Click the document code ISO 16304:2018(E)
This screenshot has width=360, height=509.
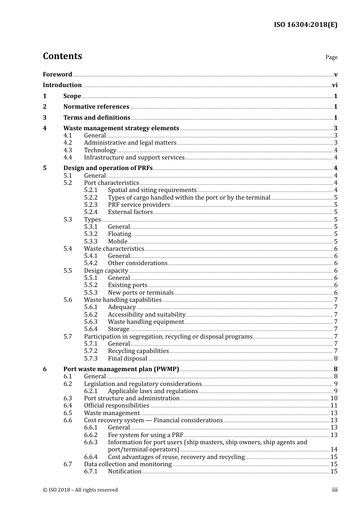[305, 25]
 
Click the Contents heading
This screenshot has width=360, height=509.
[62, 56]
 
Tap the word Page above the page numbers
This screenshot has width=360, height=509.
[331, 57]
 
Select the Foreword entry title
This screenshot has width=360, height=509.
[57, 74]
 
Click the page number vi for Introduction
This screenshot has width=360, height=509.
[335, 85]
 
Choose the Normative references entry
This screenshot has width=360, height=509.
[96, 107]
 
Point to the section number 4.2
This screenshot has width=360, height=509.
[68, 143]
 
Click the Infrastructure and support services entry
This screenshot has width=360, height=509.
[134, 158]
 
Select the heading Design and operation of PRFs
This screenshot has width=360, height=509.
[108, 168]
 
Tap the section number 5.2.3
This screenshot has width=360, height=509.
[91, 205]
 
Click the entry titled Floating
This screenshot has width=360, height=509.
[119, 234]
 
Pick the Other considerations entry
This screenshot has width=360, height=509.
[138, 263]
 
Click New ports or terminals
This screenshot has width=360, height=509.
[141, 293]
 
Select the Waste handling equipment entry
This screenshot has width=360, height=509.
[146, 322]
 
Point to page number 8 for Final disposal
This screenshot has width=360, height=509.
[336, 359]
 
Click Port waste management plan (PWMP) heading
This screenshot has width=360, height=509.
[121, 369]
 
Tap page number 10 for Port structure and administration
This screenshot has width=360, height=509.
[334, 398]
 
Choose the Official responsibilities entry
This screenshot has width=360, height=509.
[117, 406]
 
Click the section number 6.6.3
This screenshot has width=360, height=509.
[91, 442]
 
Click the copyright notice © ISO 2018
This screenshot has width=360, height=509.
[80, 490]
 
